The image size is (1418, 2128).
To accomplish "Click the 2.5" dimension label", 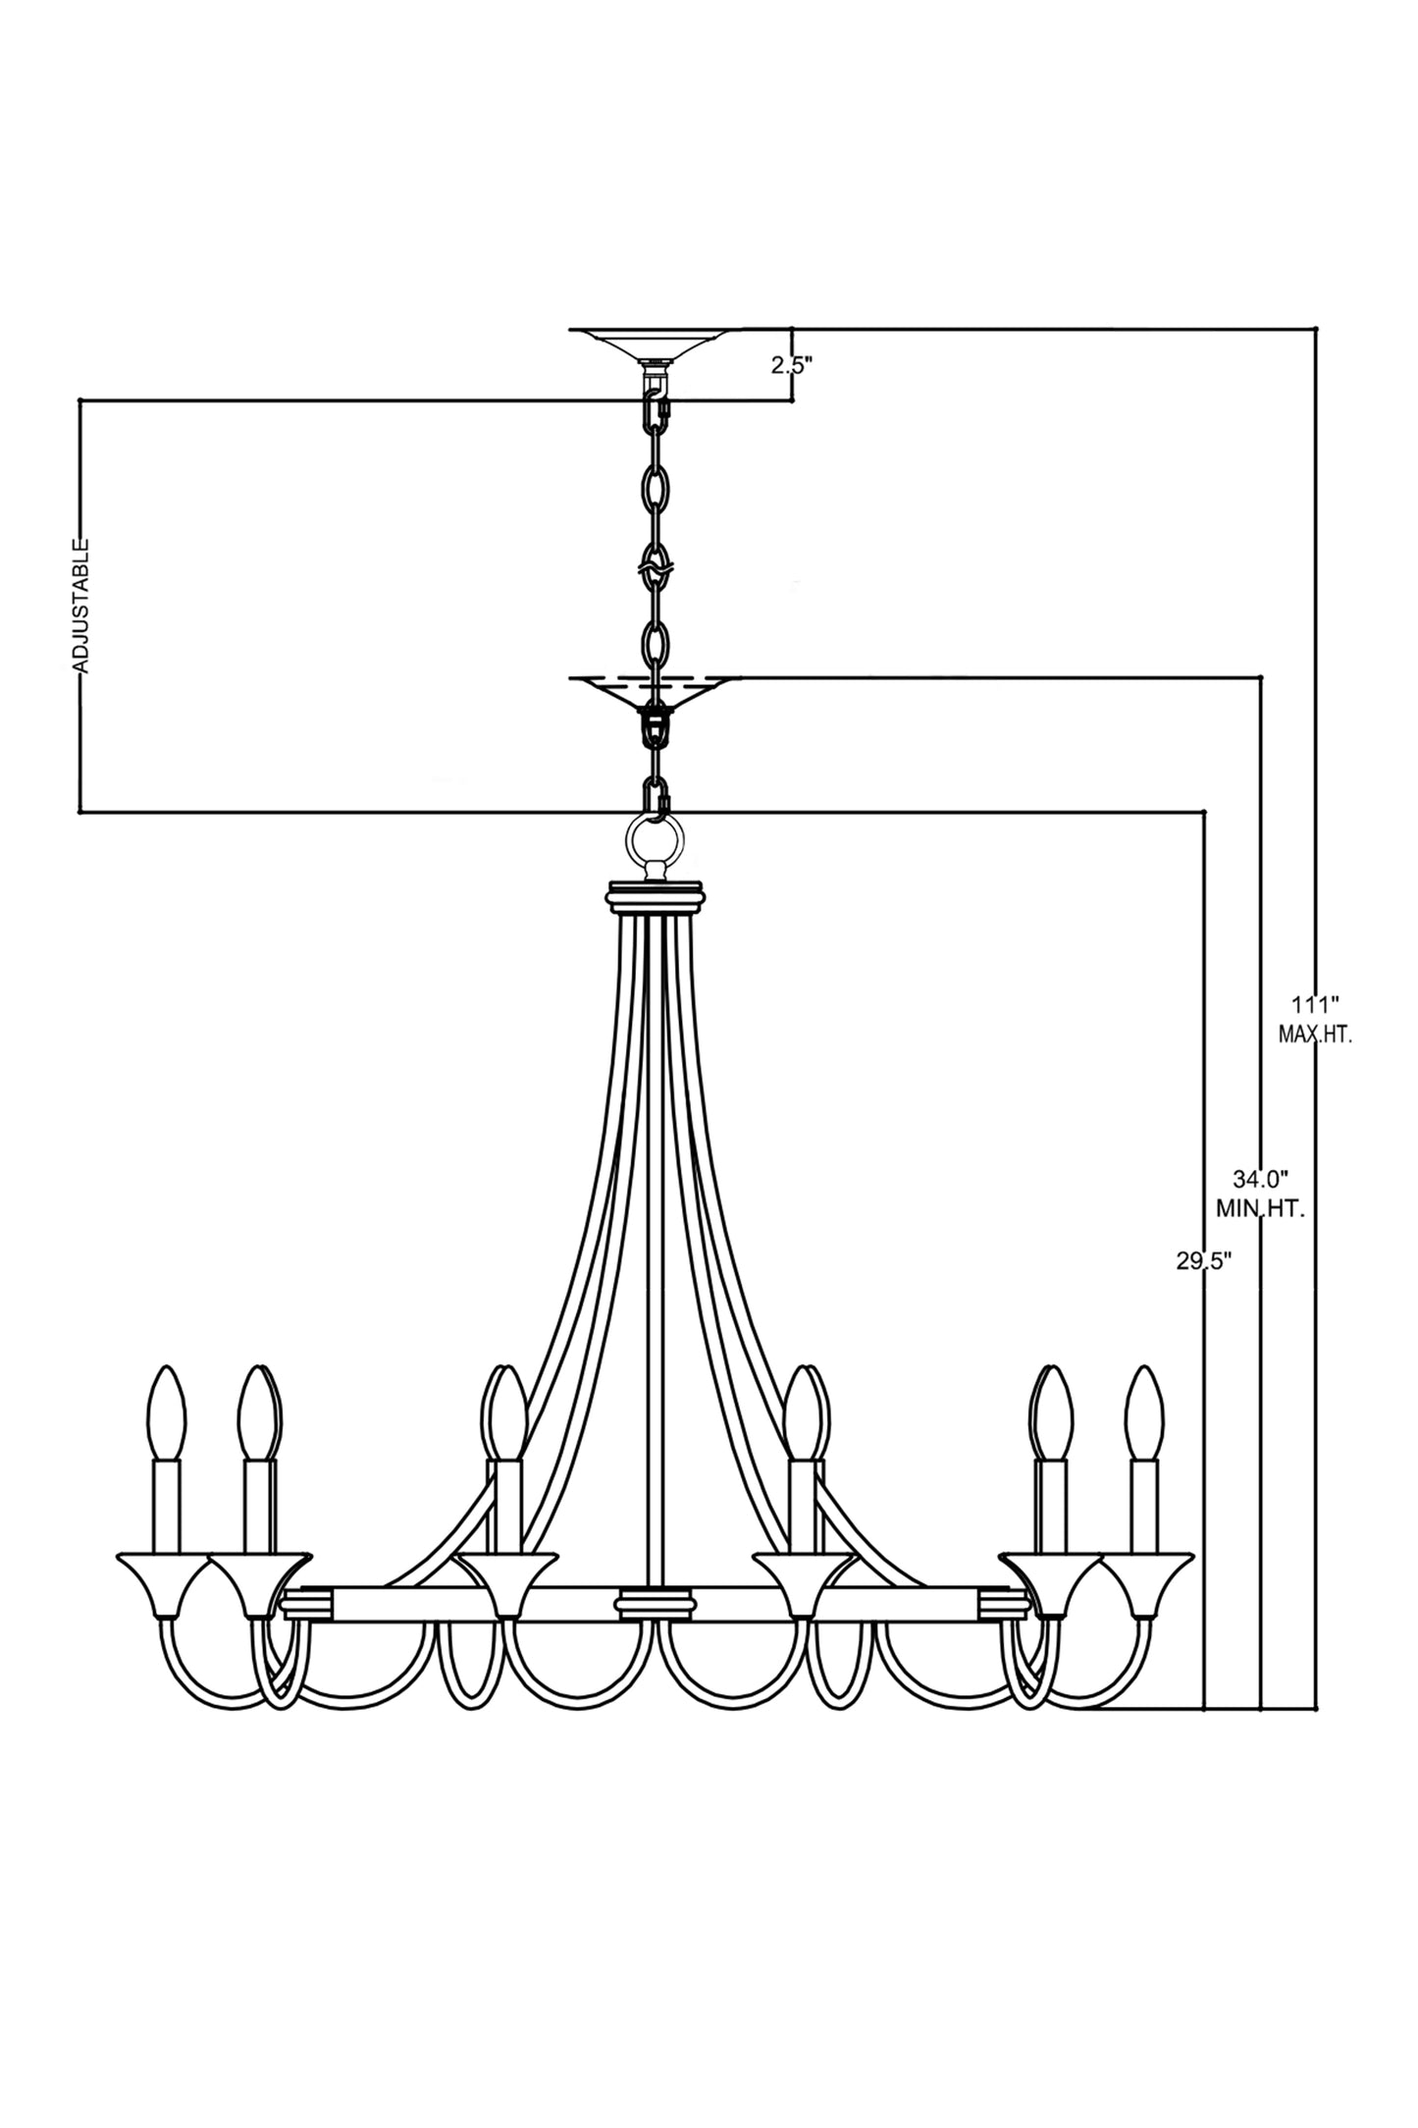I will pos(792,366).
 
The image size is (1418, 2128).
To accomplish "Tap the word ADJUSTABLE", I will pos(81,605).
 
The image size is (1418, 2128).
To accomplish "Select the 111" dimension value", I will pos(1315,1005).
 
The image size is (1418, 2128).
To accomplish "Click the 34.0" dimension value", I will pos(1260,1178).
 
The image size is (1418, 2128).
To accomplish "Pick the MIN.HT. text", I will pos(1260,1209).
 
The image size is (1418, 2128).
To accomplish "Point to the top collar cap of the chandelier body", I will pos(656,897).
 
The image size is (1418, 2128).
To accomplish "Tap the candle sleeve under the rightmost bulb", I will pos(1143,1508).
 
